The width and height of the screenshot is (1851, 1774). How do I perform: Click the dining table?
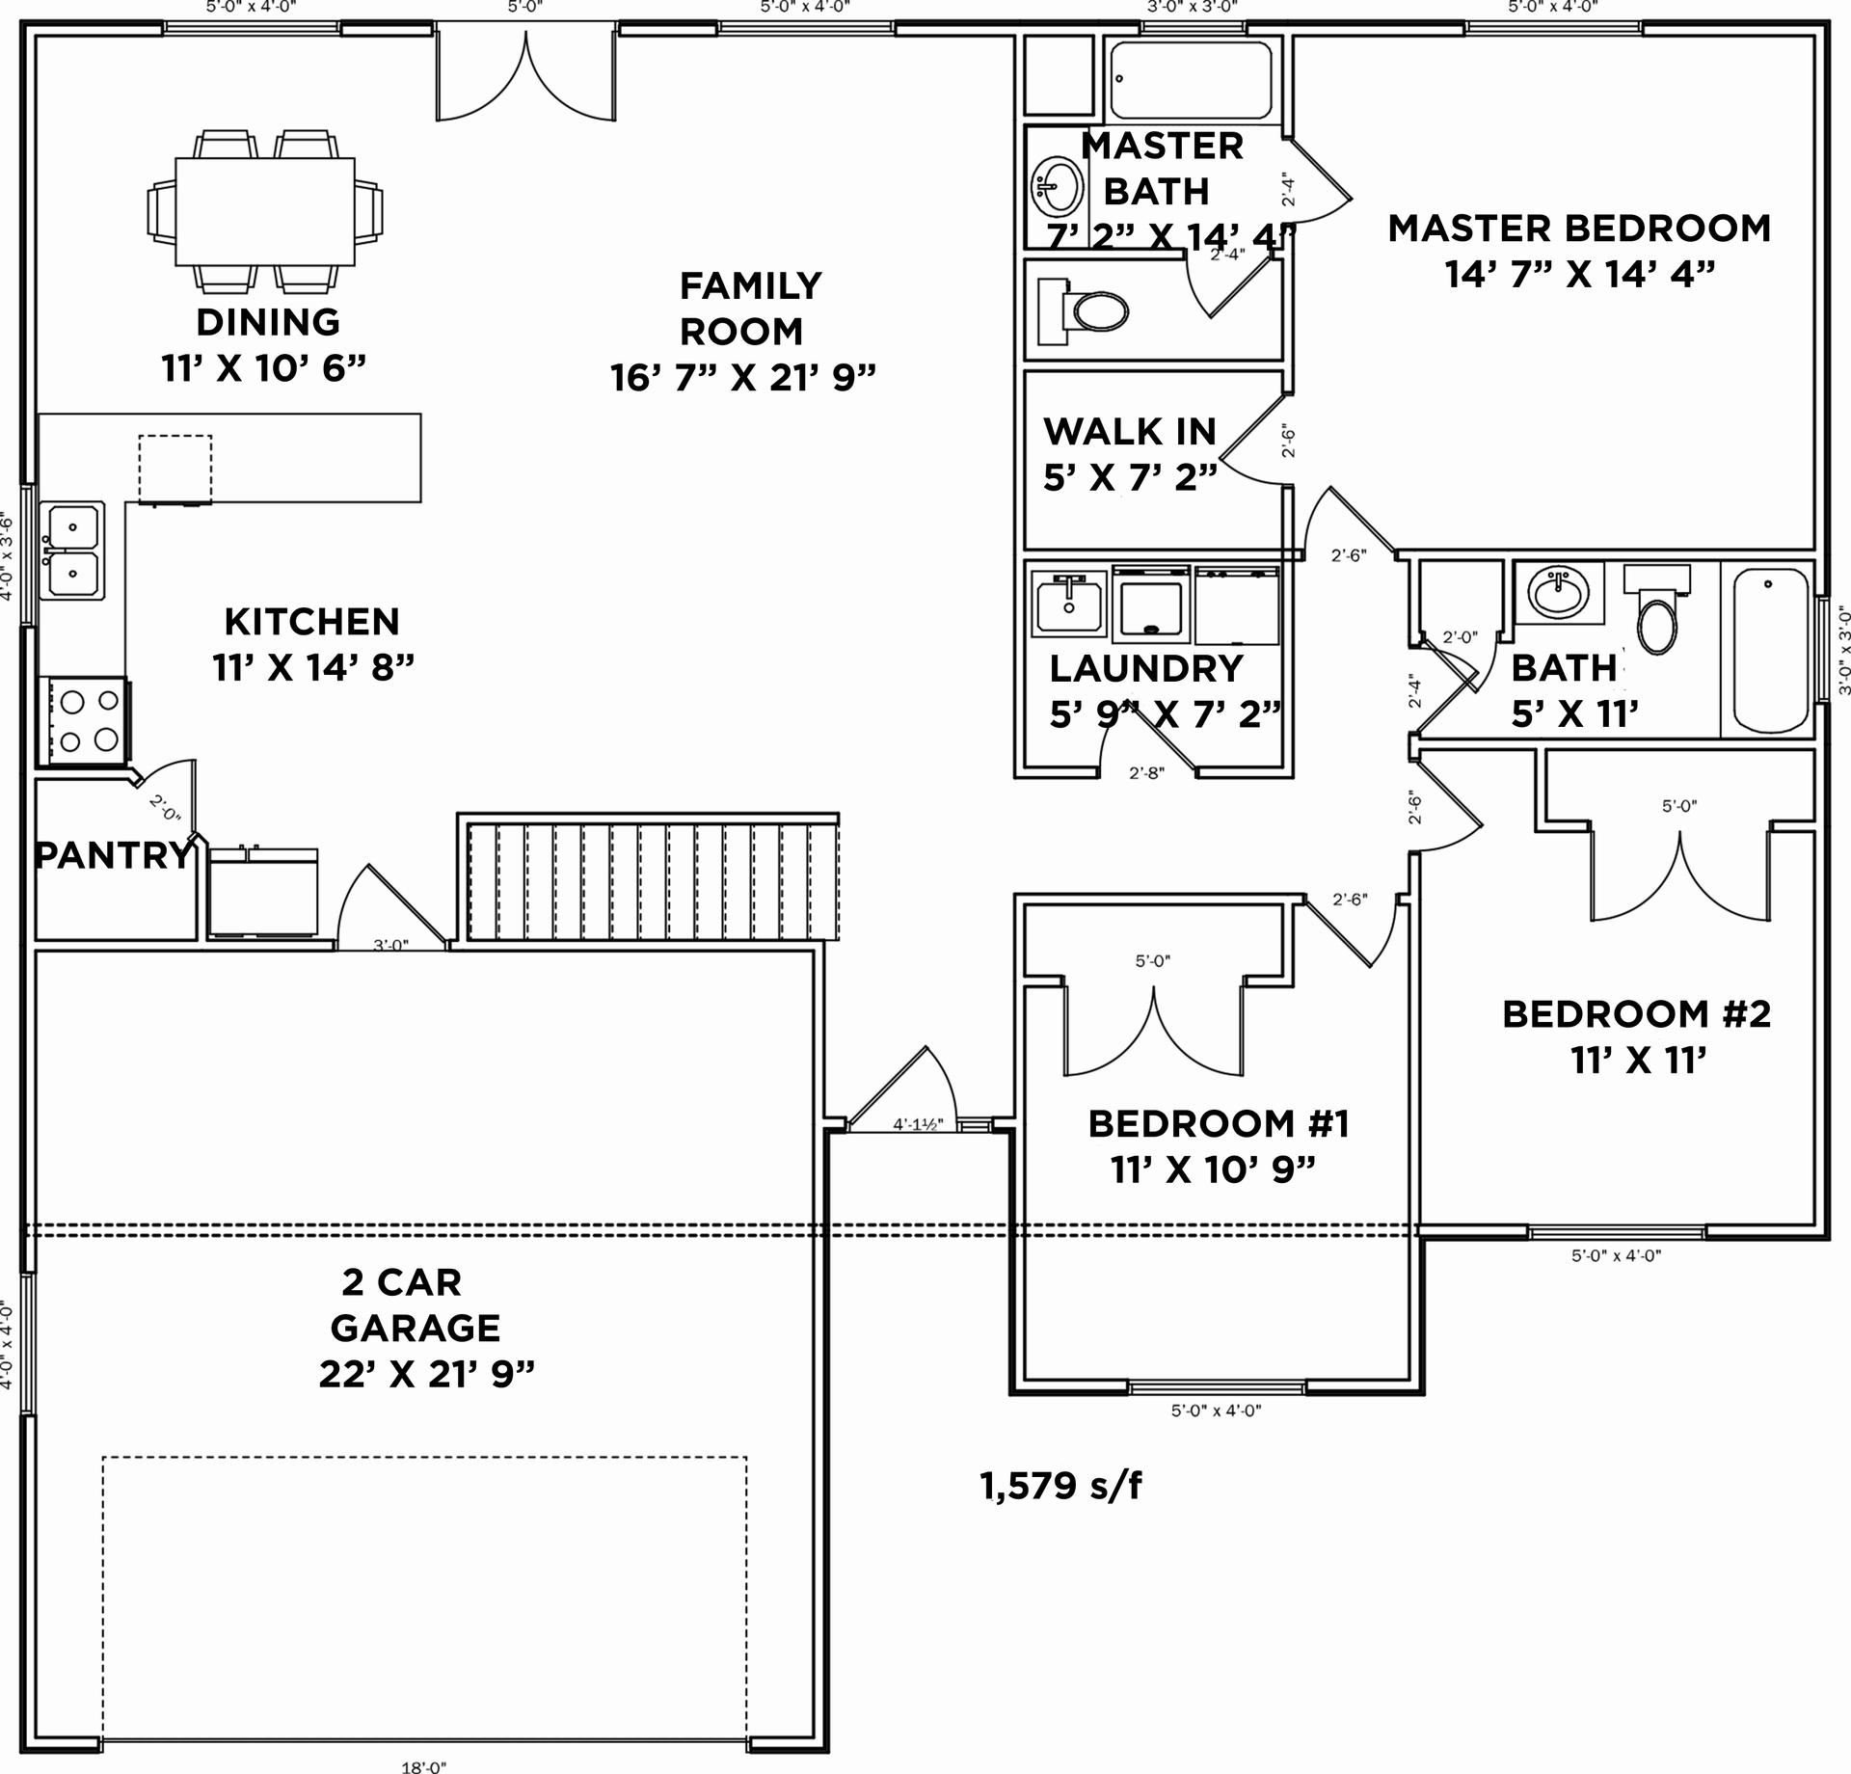[x=264, y=211]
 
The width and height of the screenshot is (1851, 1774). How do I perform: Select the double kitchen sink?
[x=72, y=551]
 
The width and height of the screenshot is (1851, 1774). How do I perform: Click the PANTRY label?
[x=114, y=855]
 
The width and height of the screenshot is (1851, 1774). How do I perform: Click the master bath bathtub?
[x=1192, y=80]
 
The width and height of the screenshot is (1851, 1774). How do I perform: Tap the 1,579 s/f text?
[x=1060, y=1486]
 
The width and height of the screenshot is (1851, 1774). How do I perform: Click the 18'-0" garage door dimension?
[x=424, y=1766]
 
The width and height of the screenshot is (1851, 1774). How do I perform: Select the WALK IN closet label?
[x=1130, y=432]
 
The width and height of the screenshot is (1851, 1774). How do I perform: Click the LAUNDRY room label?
[x=1146, y=668]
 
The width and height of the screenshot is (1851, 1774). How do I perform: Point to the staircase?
[x=652, y=880]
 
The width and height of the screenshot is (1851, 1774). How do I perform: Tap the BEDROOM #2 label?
[x=1636, y=1014]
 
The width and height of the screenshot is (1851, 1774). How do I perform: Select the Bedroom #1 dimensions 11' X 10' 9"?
[x=1214, y=1169]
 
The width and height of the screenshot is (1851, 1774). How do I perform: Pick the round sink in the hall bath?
[x=1559, y=591]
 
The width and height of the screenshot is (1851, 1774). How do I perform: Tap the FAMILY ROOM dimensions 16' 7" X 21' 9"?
[x=742, y=378]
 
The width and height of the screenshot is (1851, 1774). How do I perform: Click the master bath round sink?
[x=1058, y=186]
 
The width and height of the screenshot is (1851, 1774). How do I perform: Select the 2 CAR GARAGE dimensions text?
[x=426, y=1374]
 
